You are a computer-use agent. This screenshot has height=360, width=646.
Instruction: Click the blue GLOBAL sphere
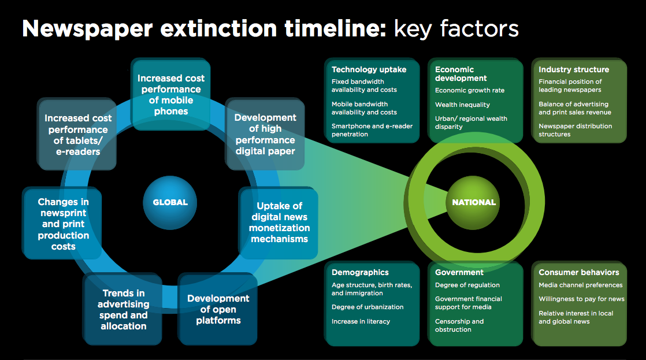(x=170, y=202)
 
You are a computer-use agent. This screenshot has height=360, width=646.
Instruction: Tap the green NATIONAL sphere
(x=473, y=202)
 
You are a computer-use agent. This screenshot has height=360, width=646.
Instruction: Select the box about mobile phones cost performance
(x=171, y=94)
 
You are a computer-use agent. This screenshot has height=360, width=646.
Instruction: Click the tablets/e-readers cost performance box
(x=77, y=134)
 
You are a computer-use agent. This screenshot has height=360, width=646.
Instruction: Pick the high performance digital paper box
(x=265, y=134)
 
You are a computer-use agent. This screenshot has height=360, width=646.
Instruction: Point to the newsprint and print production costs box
(x=62, y=224)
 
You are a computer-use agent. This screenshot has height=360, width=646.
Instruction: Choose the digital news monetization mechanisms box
(x=279, y=222)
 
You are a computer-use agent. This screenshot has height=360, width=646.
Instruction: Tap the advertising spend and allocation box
(x=122, y=309)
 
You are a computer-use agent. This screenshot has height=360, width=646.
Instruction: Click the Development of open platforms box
(x=218, y=309)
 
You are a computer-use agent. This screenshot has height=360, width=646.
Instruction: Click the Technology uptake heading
(x=369, y=69)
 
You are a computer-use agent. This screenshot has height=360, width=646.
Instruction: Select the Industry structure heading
(x=574, y=69)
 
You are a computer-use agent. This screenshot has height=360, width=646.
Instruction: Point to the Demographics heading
(x=360, y=272)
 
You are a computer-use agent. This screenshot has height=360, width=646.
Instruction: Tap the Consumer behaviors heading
(x=578, y=272)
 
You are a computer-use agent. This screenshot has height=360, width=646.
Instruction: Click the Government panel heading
(x=459, y=272)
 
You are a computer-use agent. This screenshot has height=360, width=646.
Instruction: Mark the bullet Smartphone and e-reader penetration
(x=372, y=130)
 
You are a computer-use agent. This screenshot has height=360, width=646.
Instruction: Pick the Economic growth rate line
(x=470, y=90)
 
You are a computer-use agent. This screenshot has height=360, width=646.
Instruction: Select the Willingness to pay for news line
(x=581, y=299)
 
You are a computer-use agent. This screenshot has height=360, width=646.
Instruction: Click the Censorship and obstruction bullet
(x=459, y=325)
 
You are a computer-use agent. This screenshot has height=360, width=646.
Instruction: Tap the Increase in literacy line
(x=361, y=321)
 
